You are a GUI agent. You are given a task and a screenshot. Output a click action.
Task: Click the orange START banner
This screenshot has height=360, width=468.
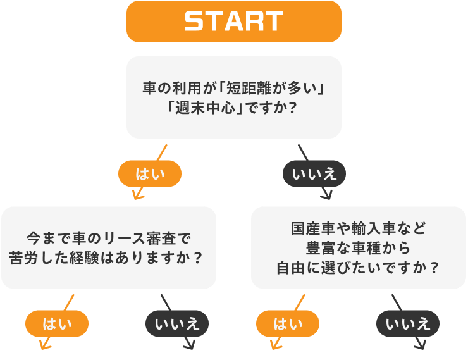click(x=234, y=22)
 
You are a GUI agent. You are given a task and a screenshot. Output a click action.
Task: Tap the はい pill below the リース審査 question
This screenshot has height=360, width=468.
click(x=56, y=324)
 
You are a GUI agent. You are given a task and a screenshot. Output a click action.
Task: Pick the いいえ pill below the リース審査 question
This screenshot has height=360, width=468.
click(x=177, y=324)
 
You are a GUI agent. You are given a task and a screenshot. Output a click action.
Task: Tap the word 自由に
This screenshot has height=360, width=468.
click(x=295, y=267)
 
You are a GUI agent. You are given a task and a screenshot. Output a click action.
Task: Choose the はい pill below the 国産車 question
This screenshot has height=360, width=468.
click(x=287, y=324)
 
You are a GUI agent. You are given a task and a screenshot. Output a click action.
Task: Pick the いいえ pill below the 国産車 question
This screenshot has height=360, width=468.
click(x=408, y=324)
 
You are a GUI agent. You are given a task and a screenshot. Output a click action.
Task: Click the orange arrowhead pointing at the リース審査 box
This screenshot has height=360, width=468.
click(x=137, y=194)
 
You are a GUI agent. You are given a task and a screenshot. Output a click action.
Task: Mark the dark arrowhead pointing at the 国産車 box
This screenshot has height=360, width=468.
click(x=326, y=194)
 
